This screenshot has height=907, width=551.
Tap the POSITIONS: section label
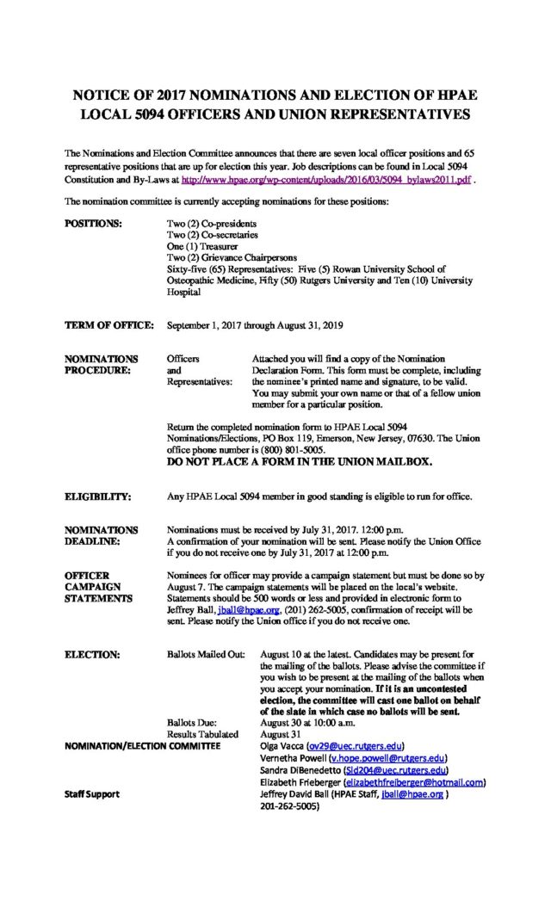pos(95,224)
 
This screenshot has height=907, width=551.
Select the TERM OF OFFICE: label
pos(109,326)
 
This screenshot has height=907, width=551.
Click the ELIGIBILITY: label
pos(98,497)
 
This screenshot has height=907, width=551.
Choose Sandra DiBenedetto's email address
pos(395,770)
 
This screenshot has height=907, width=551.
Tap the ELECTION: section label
pos(92,655)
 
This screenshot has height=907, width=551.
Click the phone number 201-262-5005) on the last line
pos(289,807)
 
